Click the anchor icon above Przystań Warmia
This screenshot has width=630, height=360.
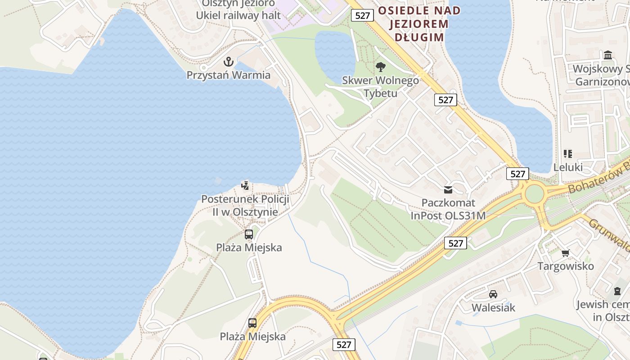click(x=229, y=61)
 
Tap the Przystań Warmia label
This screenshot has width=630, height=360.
click(x=229, y=75)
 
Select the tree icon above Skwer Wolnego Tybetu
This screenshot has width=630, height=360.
click(x=381, y=67)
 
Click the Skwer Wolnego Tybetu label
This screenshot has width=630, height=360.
click(x=381, y=87)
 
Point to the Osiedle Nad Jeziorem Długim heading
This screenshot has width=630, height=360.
click(x=419, y=24)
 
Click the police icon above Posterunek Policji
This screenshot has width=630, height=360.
click(x=245, y=185)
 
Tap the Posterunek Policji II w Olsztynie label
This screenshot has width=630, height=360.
click(x=245, y=205)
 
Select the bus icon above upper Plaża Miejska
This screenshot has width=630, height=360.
click(x=249, y=234)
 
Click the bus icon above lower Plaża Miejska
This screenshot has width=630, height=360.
click(x=252, y=323)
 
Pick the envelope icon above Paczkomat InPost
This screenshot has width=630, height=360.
click(x=448, y=190)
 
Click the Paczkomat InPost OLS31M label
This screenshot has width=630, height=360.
click(x=448, y=209)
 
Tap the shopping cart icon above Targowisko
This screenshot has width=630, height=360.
click(x=566, y=253)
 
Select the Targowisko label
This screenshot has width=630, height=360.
click(x=566, y=266)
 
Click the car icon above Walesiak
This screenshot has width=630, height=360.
click(x=493, y=294)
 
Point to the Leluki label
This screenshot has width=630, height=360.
click(x=567, y=167)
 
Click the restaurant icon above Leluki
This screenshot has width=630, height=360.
click(x=567, y=154)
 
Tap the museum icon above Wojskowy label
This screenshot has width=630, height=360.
click(x=608, y=55)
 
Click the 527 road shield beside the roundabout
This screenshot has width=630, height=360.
click(x=517, y=174)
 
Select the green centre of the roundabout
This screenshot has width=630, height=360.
click(x=534, y=194)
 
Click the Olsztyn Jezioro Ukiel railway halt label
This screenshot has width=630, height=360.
click(x=238, y=9)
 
